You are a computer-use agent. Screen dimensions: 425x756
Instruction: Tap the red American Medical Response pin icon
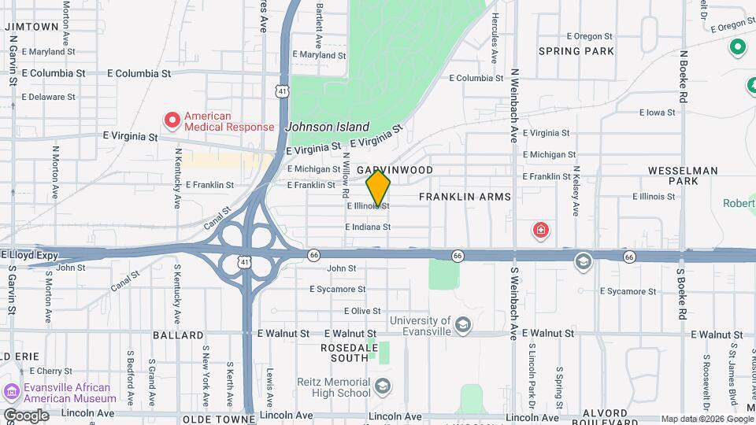[172, 120]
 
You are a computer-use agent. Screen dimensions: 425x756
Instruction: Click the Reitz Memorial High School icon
[382, 386]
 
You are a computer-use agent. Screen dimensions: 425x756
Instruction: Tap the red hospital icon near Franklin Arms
[541, 231]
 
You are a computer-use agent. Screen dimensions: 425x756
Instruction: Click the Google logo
[25, 415]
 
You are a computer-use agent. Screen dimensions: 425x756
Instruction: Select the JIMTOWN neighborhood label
[32, 26]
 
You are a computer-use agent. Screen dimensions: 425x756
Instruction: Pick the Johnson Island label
[327, 127]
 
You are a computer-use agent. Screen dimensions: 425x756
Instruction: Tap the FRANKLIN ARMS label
[465, 196]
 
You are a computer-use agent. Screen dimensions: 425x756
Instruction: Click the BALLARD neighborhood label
[178, 335]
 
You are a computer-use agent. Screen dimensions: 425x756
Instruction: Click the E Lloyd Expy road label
[29, 255]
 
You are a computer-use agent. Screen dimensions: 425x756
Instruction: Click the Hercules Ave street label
[495, 38]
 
